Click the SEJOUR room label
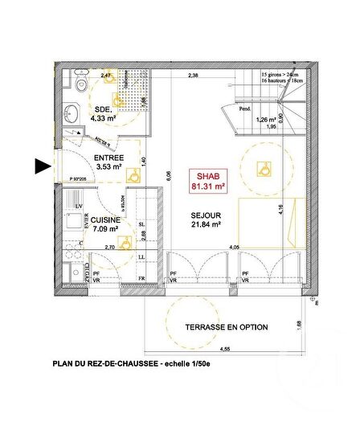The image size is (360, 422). point(206,215)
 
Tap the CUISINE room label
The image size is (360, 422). point(105,220)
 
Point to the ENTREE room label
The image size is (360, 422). point(108,158)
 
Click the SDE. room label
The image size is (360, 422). point(103,109)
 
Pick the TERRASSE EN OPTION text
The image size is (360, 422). point(227,327)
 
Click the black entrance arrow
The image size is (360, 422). point(43,166)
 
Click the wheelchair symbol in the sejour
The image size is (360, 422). point(261,168)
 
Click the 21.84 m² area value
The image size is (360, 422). point(207,227)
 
